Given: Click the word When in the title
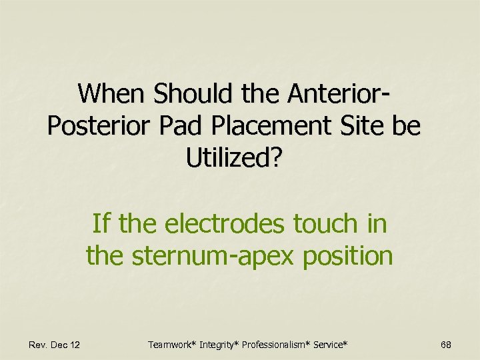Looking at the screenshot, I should [111, 93].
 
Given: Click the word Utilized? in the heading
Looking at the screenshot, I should [234, 158].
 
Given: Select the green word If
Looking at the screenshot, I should [101, 223].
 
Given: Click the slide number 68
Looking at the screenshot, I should [446, 345].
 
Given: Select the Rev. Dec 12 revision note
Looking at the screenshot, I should [54, 345].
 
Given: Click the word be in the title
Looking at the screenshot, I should [407, 125].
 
